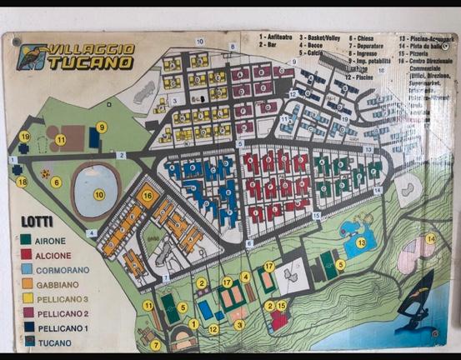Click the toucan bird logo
[x=32, y=56]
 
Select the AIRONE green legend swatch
[x=28, y=238]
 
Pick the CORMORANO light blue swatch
[x=28, y=269]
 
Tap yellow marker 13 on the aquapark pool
[x=361, y=242]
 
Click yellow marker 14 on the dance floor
[x=430, y=239]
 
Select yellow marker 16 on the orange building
[x=148, y=197]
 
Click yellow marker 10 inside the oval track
[x=99, y=194]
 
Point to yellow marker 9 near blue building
[x=102, y=127]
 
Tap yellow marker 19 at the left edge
[x=25, y=137]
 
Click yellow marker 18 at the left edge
[x=23, y=181]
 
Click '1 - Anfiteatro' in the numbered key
[x=279, y=37]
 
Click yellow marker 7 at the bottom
[x=155, y=344]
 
